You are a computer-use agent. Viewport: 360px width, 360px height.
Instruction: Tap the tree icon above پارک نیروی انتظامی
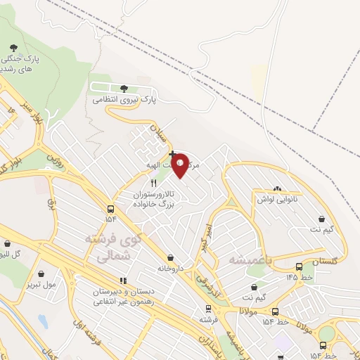coord(124,89)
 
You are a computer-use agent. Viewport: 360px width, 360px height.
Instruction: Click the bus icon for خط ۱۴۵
coord(300,267)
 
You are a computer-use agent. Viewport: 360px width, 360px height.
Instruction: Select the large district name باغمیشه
coord(250,259)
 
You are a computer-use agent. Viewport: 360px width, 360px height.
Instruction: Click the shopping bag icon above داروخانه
coord(172,257)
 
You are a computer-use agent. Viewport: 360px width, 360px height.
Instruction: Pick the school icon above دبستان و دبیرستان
coord(124,281)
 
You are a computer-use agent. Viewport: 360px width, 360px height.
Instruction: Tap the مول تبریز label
coord(41,285)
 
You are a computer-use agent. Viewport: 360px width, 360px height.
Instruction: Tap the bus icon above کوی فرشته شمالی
coord(110,209)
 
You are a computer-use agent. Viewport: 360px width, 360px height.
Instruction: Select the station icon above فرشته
coord(207,309)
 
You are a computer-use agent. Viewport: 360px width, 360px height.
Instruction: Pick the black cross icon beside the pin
coord(172,153)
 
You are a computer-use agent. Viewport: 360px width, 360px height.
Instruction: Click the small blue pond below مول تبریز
coord(43,322)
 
